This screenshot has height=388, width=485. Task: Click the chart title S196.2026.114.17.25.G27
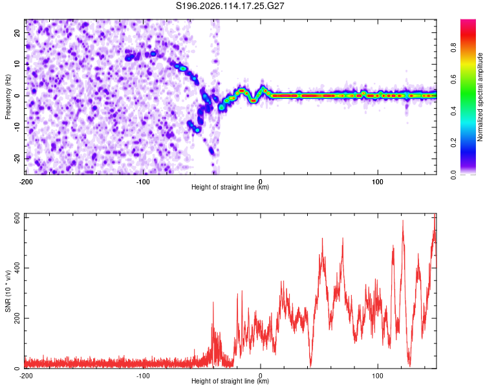[230, 6]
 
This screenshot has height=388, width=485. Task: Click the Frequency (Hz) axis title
[8, 97]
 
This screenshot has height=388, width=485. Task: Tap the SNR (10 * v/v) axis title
[8, 291]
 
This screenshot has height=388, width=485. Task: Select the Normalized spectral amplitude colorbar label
[480, 97]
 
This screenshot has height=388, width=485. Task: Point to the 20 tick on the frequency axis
[17, 32]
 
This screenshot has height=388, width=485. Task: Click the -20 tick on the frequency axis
[17, 159]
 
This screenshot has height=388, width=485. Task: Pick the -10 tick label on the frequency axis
[17, 127]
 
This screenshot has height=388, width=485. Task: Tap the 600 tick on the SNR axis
[17, 219]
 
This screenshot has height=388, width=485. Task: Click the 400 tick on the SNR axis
[17, 268]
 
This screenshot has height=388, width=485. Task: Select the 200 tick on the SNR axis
[17, 318]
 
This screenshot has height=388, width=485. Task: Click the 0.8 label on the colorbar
[453, 48]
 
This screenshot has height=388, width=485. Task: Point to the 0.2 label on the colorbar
[453, 143]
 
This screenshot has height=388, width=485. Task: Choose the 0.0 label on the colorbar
[453, 175]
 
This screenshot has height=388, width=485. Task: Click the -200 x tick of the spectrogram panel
[26, 182]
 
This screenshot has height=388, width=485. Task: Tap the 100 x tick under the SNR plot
[378, 376]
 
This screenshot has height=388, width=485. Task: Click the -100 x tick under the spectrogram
[143, 182]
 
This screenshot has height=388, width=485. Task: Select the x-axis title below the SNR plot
[230, 381]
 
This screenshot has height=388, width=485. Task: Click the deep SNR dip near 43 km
[310, 366]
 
